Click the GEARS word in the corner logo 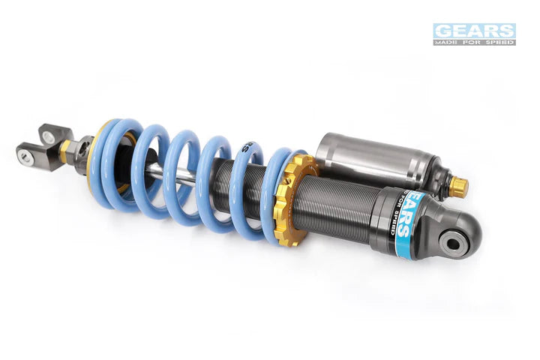[474, 31]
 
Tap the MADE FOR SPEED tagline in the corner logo [474, 42]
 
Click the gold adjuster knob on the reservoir [459, 187]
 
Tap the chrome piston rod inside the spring [154, 171]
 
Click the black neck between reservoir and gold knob [445, 182]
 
